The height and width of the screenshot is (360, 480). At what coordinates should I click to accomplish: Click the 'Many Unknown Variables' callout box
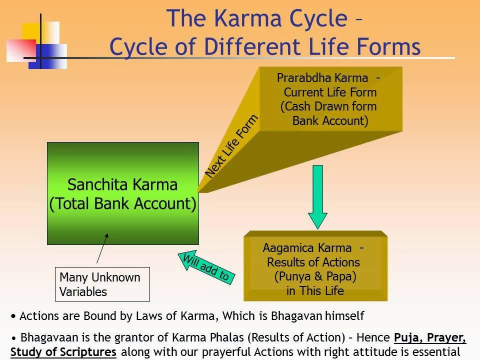tap(102, 284)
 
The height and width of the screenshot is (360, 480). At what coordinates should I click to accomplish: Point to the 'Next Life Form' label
tap(232, 146)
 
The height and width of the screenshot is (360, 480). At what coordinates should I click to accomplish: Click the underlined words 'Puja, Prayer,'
tap(430, 337)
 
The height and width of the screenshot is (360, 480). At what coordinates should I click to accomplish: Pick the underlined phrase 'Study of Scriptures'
tap(63, 351)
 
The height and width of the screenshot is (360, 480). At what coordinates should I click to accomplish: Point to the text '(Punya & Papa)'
tap(315, 276)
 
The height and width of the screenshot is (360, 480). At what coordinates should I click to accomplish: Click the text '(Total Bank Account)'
tap(122, 204)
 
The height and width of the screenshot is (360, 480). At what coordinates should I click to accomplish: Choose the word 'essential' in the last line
tap(436, 351)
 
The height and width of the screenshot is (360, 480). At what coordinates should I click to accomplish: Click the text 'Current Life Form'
tap(330, 92)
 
